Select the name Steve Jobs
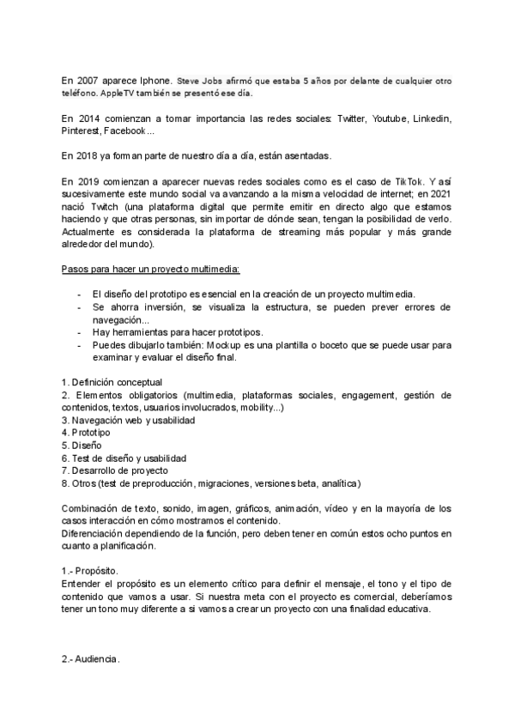[x=198, y=79]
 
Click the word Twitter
[x=351, y=118]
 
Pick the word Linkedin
[x=431, y=118]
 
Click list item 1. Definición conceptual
[x=112, y=382]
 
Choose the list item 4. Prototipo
[x=86, y=433]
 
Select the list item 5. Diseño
[x=82, y=446]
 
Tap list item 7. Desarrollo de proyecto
[x=115, y=470]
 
